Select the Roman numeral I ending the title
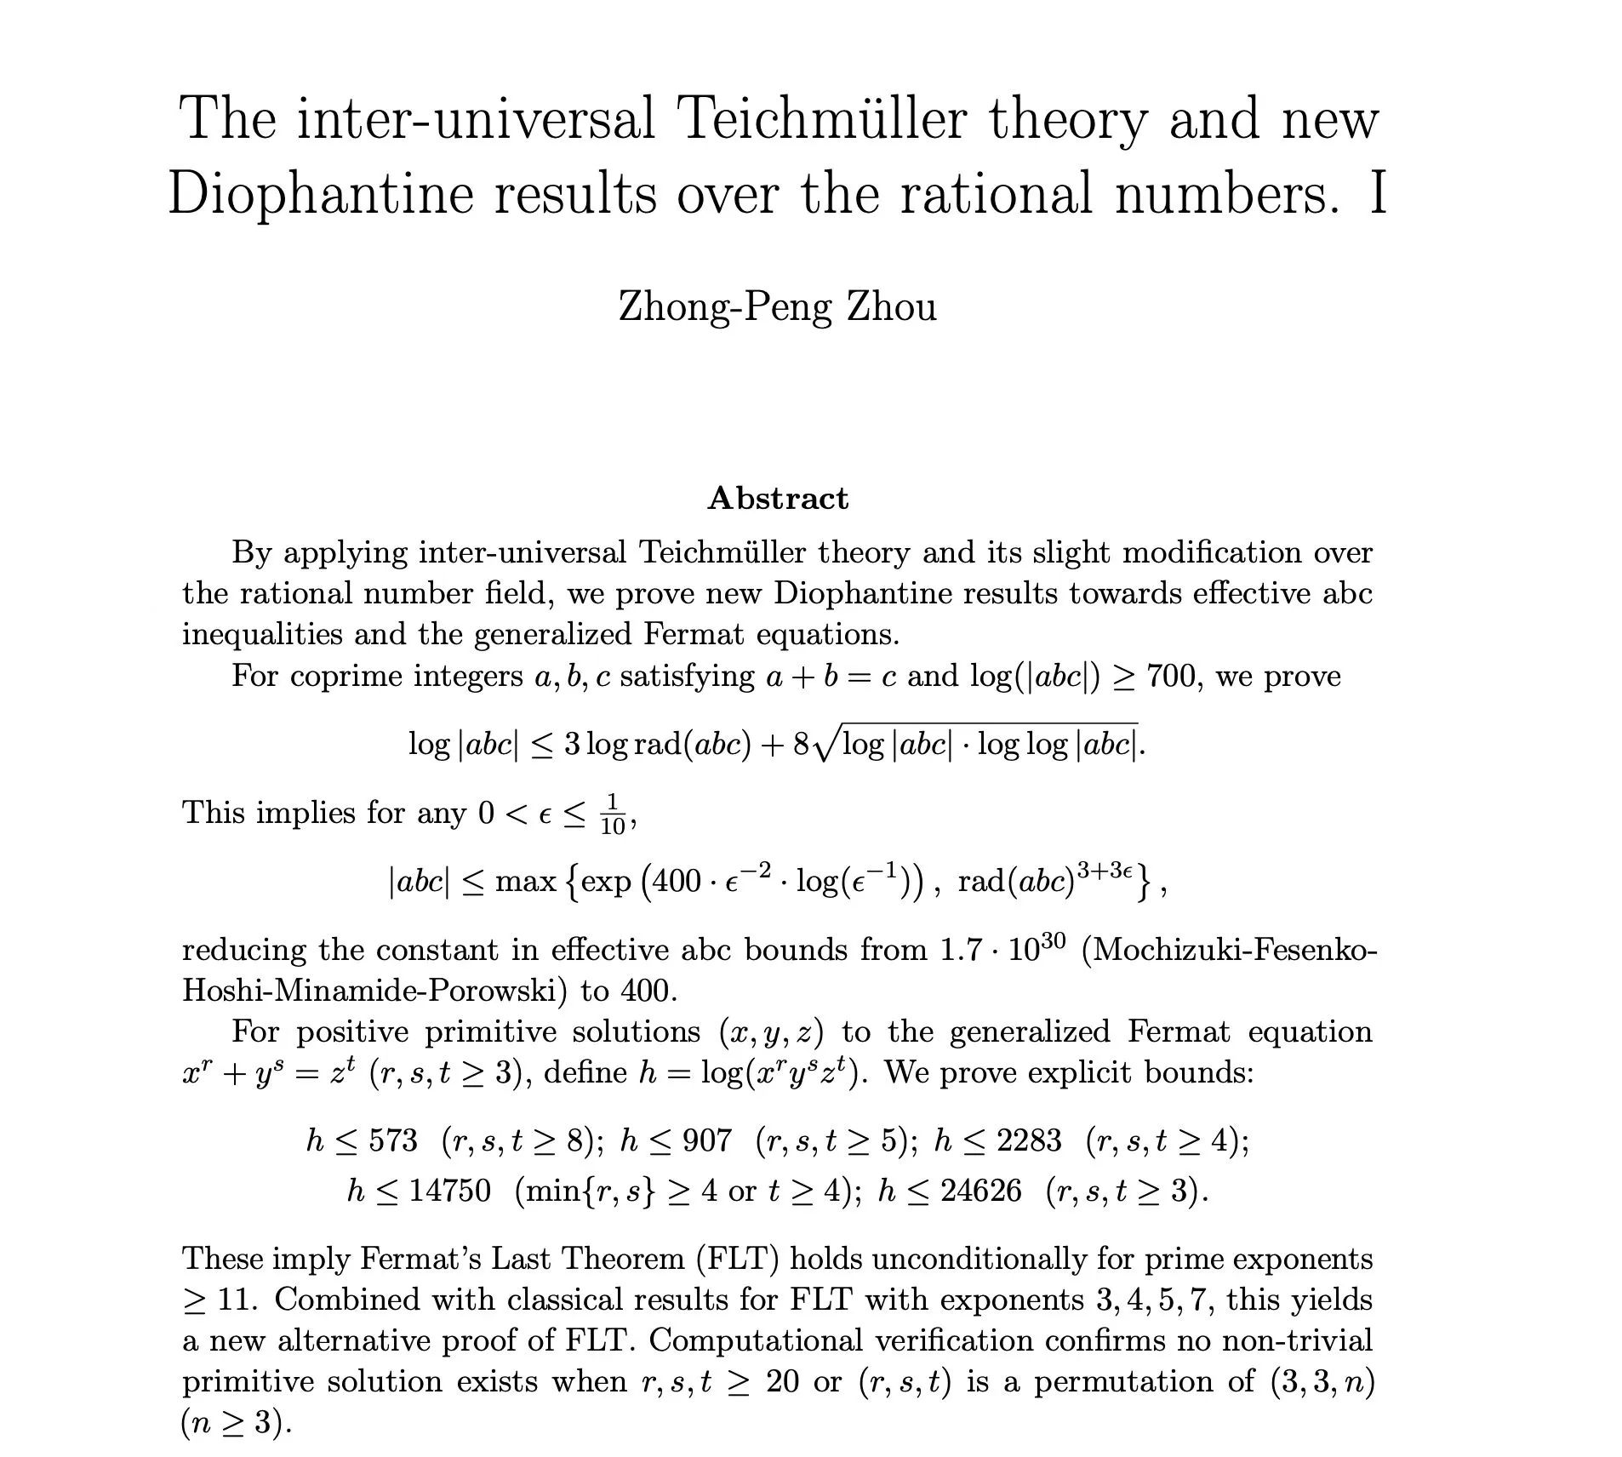pyautogui.click(x=1378, y=194)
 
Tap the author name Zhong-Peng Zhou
pyautogui.click(x=777, y=306)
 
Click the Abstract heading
pyautogui.click(x=777, y=498)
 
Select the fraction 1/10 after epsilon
pyautogui.click(x=613, y=814)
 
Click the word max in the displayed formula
pyautogui.click(x=525, y=881)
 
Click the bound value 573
pyautogui.click(x=393, y=1140)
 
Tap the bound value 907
pyautogui.click(x=707, y=1140)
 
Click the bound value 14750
pyautogui.click(x=449, y=1190)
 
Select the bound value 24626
pyautogui.click(x=980, y=1190)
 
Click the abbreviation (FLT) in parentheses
pyautogui.click(x=737, y=1259)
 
